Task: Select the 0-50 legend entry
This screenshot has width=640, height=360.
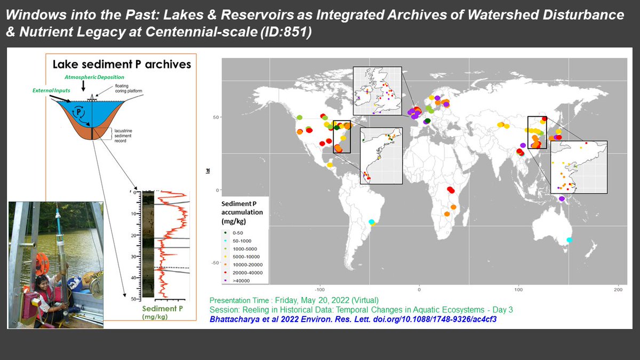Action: tap(237, 233)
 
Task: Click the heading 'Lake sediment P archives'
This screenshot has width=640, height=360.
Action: tap(121, 65)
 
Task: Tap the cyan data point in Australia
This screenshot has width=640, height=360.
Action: tap(569, 240)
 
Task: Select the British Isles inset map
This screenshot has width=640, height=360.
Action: tap(378, 91)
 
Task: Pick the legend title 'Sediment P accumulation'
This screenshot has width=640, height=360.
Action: tap(243, 212)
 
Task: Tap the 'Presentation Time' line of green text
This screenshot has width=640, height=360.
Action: tap(294, 300)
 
